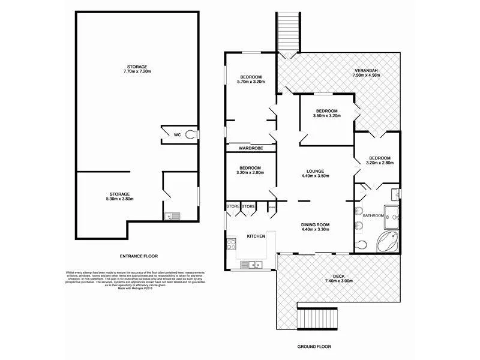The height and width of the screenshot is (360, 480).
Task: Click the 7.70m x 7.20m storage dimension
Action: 137,72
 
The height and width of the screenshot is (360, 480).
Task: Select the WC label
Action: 177,135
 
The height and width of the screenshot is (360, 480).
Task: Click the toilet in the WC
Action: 191,135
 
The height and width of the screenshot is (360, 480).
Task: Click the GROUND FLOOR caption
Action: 315,347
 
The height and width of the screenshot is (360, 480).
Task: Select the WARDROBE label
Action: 250,148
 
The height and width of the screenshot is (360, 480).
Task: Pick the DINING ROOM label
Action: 315,225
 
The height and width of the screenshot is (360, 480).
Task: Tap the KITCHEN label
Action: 256,237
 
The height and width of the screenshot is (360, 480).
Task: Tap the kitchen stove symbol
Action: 230,245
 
